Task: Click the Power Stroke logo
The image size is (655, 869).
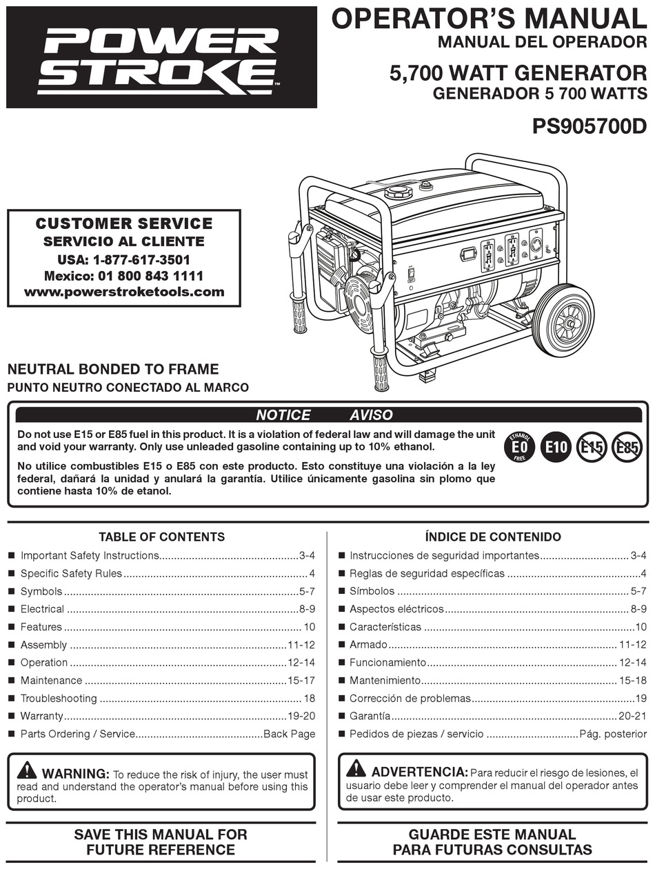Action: [x=161, y=57]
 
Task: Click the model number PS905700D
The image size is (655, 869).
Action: [x=589, y=127]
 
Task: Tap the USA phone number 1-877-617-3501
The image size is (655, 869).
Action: [x=141, y=260]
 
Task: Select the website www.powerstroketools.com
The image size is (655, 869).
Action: [x=124, y=292]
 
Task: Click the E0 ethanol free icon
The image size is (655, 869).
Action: [x=518, y=448]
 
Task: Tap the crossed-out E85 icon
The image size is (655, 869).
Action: [x=626, y=448]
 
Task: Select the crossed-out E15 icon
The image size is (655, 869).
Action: [x=590, y=448]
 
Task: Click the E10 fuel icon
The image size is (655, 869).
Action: [x=555, y=448]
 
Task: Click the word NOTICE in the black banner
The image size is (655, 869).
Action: [x=283, y=415]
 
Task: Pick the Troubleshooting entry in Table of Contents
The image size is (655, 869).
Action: [x=59, y=699]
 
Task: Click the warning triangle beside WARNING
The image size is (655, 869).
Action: [x=28, y=770]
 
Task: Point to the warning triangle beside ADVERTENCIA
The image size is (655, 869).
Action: [x=356, y=768]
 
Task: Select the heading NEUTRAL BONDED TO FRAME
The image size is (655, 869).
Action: [x=113, y=369]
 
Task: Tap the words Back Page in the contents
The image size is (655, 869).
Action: [x=289, y=735]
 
